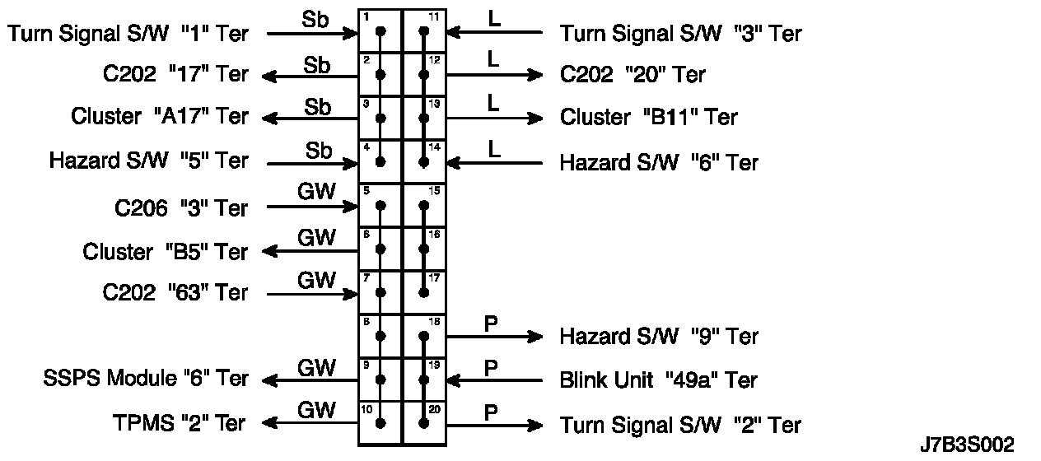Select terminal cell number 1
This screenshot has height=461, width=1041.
pyautogui.click(x=380, y=32)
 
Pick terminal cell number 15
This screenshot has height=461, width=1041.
pyautogui.click(x=423, y=205)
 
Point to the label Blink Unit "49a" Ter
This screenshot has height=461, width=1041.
pyautogui.click(x=658, y=380)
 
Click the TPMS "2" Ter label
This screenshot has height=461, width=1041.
pyautogui.click(x=180, y=424)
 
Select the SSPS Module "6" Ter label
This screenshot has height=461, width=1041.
pyautogui.click(x=145, y=379)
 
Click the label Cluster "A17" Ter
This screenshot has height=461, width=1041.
pyautogui.click(x=160, y=117)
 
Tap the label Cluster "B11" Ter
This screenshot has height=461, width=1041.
pyautogui.click(x=649, y=118)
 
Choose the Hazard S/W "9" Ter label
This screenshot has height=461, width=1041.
pyautogui.click(x=659, y=336)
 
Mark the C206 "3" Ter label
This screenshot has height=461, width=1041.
pyautogui.click(x=181, y=207)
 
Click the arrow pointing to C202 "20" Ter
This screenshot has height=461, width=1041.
pyautogui.click(x=494, y=75)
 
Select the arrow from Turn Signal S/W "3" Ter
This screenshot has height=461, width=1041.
pyautogui.click(x=494, y=33)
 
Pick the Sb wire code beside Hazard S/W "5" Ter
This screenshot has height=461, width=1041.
pyautogui.click(x=317, y=150)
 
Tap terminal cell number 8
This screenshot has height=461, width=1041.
pyautogui.click(x=380, y=336)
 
